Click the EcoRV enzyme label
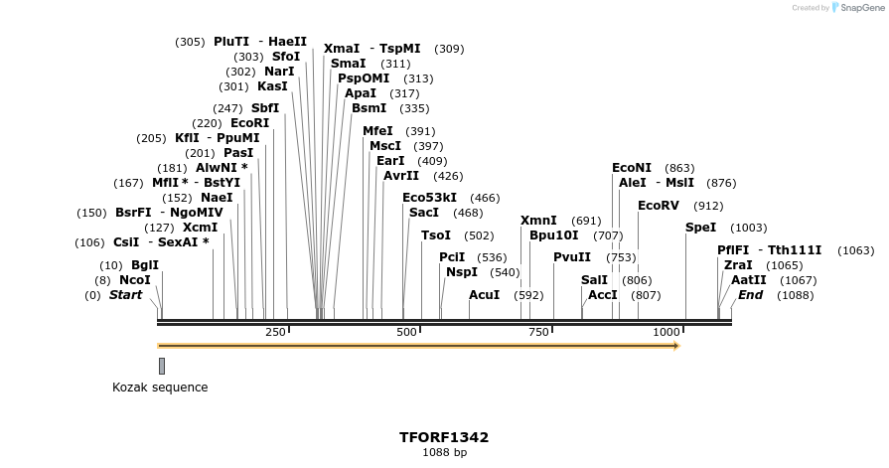659,206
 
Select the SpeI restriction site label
700,228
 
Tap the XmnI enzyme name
538,221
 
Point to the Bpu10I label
553,235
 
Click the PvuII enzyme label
572,257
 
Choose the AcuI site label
485,295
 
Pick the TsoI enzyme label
436,235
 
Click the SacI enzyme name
424,213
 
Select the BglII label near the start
145,265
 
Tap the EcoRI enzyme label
249,123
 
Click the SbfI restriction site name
265,108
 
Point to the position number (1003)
748,228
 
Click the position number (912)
708,206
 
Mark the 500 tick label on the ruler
406,331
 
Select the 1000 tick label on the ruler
667,331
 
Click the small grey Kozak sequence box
162,366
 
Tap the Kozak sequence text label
160,388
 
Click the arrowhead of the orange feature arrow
675,346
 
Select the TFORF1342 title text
444,437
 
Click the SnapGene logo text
861,8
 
